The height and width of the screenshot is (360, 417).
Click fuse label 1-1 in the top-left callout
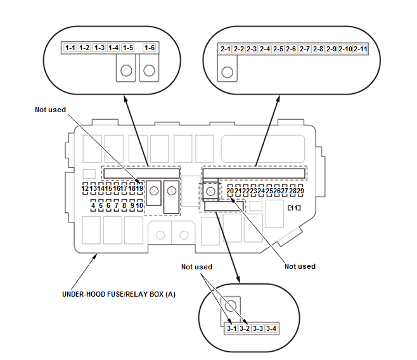tap(70, 48)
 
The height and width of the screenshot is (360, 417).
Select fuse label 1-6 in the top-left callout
tap(149, 48)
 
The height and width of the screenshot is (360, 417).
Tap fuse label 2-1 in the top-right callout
tap(225, 49)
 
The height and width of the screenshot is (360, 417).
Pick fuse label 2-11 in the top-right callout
tap(361, 49)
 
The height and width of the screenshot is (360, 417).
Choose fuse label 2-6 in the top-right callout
tap(291, 49)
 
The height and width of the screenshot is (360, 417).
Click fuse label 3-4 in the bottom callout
tap(271, 328)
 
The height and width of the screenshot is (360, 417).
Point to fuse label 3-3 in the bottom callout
tap(258, 328)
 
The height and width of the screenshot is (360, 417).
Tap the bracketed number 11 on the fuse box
tap(294, 208)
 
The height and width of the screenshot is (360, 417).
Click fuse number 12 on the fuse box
tap(85, 188)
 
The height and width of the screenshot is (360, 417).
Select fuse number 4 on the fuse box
tap(93, 205)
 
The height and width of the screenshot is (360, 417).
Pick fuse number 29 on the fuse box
tap(300, 191)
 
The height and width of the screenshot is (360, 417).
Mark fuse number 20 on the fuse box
tap(230, 191)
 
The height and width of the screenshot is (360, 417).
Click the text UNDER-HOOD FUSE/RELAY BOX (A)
tap(119, 294)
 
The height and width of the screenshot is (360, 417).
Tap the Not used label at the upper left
tap(50, 110)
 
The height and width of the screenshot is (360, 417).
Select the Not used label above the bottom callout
tap(197, 267)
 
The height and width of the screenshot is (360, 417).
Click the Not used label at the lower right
tap(300, 266)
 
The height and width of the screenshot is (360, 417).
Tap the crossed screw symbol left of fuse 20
tap(210, 191)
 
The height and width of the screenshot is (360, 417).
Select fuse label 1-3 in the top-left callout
tap(99, 48)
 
